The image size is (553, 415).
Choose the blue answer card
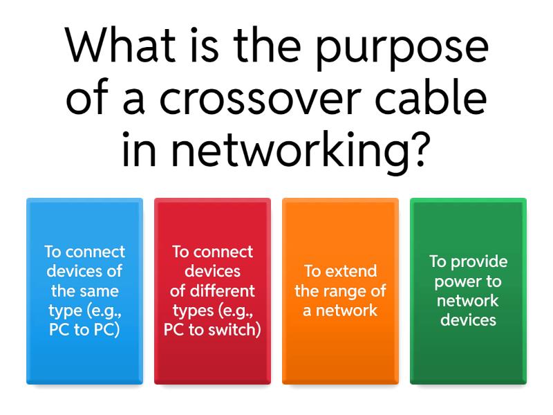pos(84,291)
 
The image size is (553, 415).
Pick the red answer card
pos(212,291)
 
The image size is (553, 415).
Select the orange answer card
pos(340,291)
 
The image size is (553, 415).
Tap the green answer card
pos(468,291)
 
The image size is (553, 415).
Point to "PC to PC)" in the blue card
pos(84,330)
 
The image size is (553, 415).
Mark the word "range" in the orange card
pos(341,290)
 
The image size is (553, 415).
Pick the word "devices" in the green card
pos(468,320)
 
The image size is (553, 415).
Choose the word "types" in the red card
pos(194,311)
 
